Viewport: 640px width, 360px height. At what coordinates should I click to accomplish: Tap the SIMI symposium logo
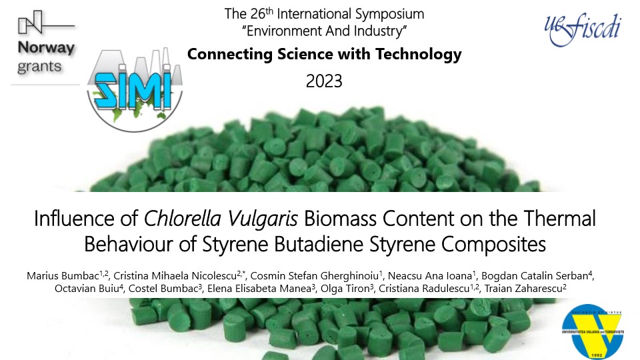[135, 90]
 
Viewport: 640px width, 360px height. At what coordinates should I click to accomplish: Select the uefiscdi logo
[583, 29]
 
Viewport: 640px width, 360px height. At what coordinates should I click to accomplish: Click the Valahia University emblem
[593, 331]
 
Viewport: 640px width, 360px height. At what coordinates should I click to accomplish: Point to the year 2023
[324, 81]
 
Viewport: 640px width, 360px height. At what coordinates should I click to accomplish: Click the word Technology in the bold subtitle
[419, 54]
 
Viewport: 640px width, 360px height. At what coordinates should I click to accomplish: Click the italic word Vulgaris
[263, 219]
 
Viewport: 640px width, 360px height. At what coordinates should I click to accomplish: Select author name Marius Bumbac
[63, 276]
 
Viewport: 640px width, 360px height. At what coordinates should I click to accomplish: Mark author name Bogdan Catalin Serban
[534, 276]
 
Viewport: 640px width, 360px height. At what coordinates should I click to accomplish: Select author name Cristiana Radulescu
[424, 289]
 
